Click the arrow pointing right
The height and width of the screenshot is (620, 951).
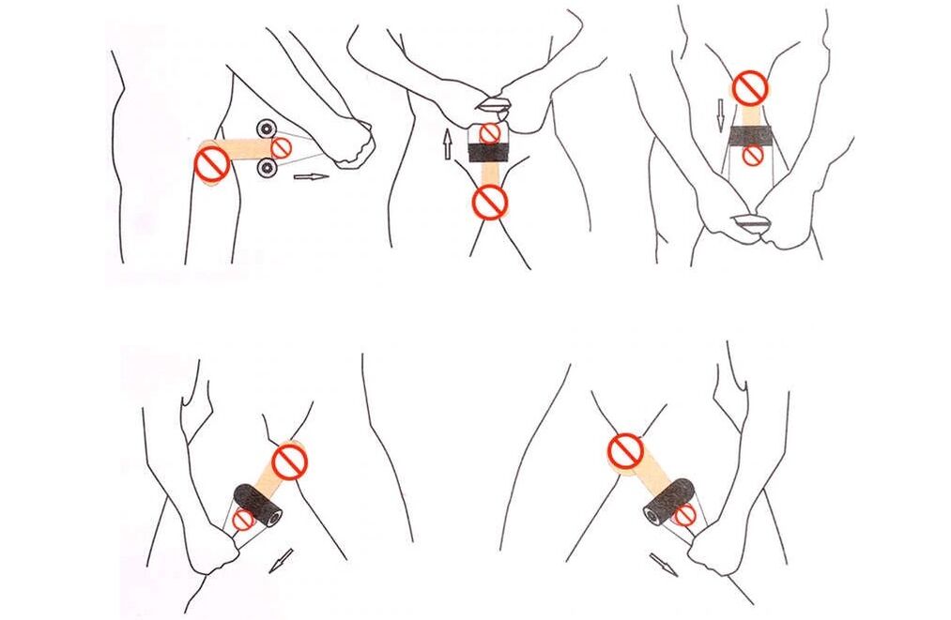311,175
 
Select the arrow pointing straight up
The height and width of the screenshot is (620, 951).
448,144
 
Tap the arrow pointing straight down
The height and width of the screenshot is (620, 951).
720,114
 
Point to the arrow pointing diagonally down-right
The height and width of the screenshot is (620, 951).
663,564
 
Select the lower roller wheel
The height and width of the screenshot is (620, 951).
266,167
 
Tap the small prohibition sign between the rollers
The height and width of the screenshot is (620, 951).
281,147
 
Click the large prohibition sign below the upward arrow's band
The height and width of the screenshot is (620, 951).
489,202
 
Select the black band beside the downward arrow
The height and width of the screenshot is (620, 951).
751,136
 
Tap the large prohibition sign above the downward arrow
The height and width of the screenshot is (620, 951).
749,88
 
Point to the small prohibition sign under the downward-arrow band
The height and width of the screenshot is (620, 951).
752,157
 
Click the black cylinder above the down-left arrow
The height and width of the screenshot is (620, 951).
258,503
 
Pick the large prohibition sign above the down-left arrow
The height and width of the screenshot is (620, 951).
289,461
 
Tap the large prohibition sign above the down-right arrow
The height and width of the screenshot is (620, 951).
624,450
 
